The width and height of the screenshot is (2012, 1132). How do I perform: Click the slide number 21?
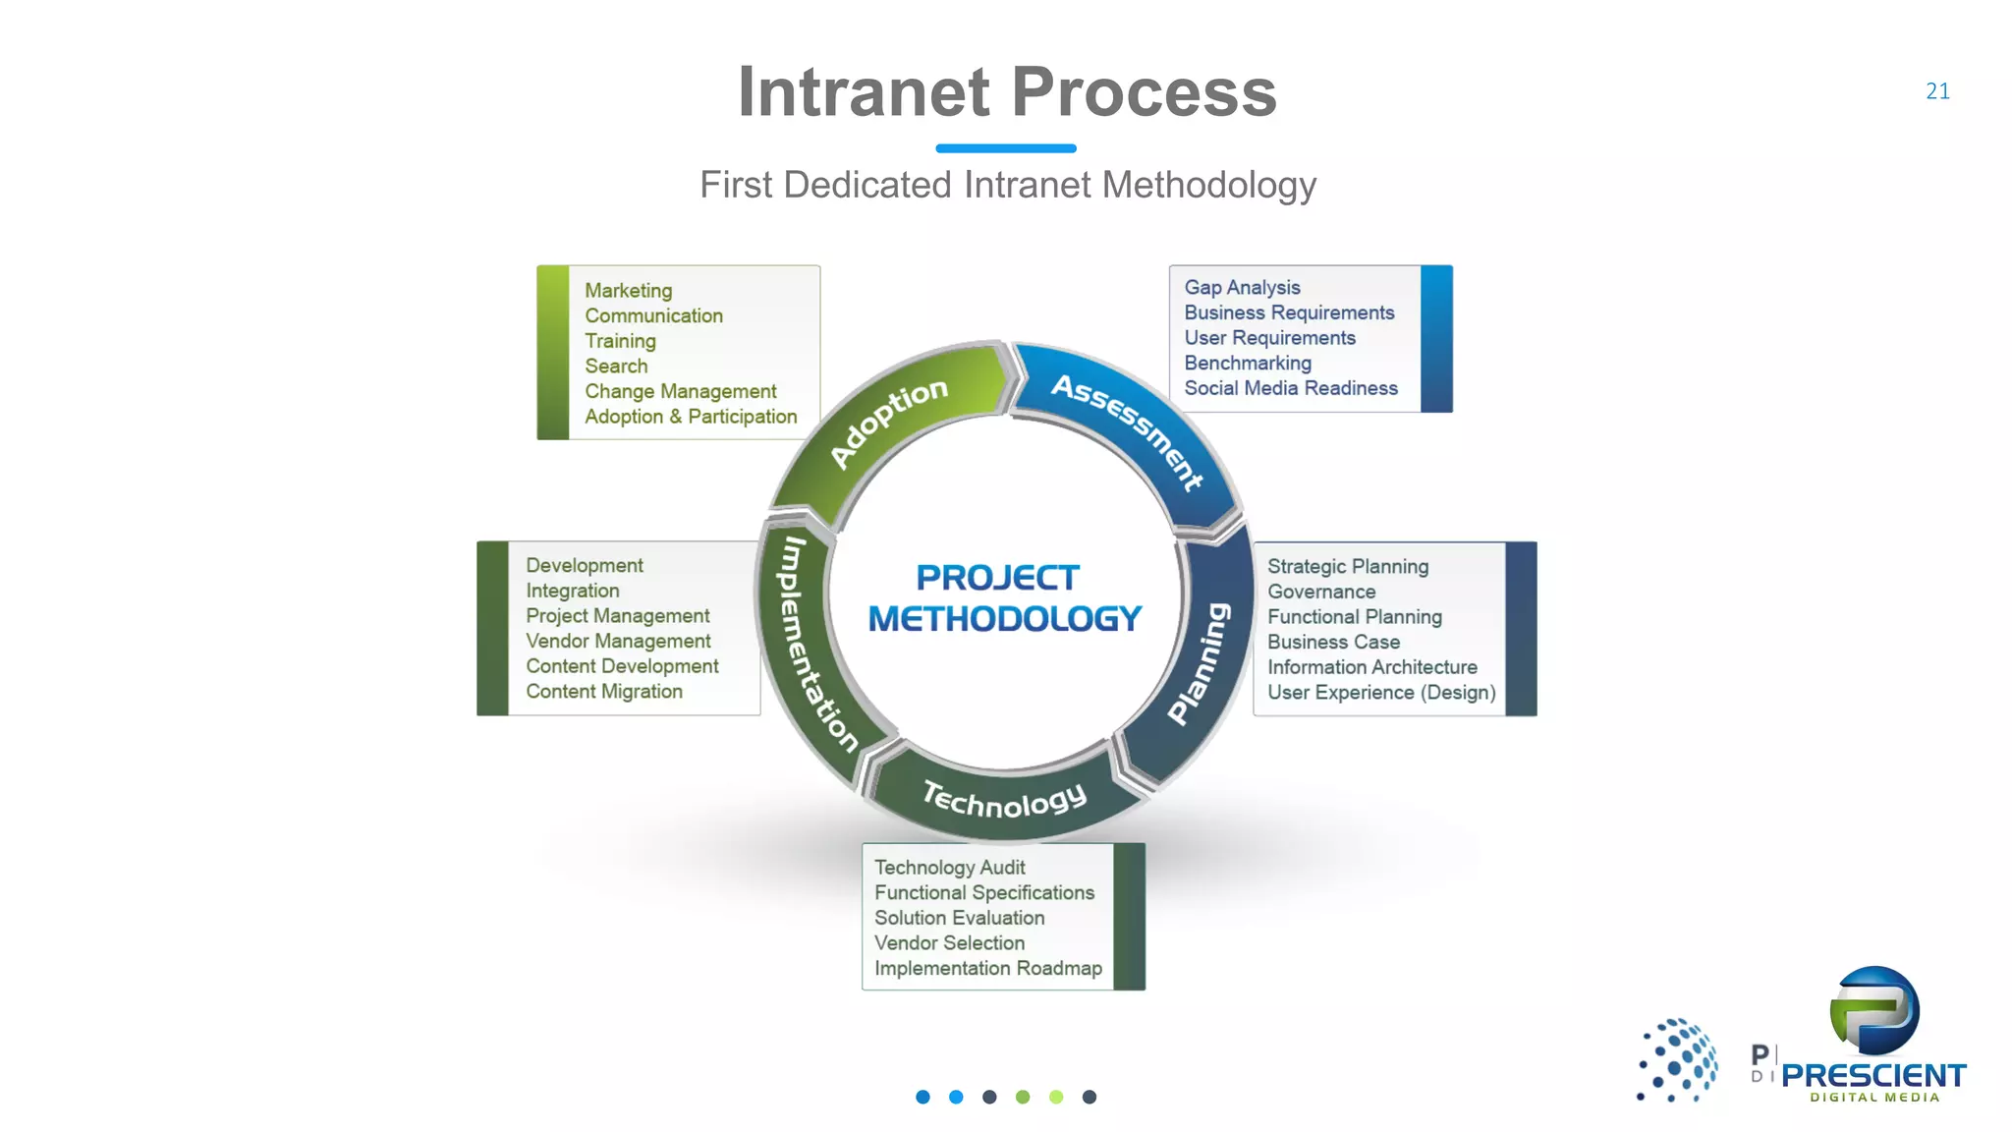pyautogui.click(x=1937, y=91)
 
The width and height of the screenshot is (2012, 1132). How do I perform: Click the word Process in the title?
pyautogui.click(x=1144, y=92)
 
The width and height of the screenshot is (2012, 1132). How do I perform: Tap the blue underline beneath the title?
pyautogui.click(x=1006, y=148)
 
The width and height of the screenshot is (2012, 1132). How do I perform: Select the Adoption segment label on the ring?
pyautogui.click(x=888, y=423)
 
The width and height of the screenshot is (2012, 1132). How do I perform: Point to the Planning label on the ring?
pyautogui.click(x=1200, y=664)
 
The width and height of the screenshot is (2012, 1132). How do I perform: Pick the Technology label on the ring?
pyautogui.click(x=1005, y=800)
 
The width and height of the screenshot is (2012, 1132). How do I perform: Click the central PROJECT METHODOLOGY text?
pyautogui.click(x=1004, y=597)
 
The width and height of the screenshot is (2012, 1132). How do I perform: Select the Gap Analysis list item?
pyautogui.click(x=1242, y=288)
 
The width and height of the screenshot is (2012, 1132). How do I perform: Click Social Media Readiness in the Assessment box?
pyautogui.click(x=1290, y=388)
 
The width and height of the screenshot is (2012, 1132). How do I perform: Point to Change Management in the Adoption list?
pyautogui.click(x=680, y=391)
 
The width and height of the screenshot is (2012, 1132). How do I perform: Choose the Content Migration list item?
pyautogui.click(x=603, y=692)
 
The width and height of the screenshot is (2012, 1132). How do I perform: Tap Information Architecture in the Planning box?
pyautogui.click(x=1371, y=667)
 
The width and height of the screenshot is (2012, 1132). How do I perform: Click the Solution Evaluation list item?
pyautogui.click(x=959, y=918)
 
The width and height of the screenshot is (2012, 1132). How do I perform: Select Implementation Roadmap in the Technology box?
pyautogui.click(x=987, y=968)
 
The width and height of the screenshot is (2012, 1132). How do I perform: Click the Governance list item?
pyautogui.click(x=1320, y=592)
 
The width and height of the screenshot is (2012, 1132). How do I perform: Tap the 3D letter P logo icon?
pyautogui.click(x=1874, y=1011)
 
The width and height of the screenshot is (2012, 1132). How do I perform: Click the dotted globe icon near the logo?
pyautogui.click(x=1678, y=1059)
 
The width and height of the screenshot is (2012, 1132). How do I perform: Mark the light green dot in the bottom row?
pyautogui.click(x=1056, y=1097)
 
